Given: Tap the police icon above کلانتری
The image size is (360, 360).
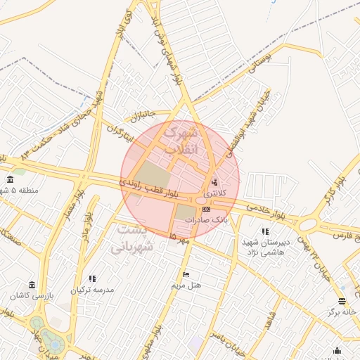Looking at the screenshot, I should (x=214, y=181).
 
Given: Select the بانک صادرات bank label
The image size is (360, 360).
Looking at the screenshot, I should (x=206, y=219).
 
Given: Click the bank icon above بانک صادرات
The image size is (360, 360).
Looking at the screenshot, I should (x=205, y=209).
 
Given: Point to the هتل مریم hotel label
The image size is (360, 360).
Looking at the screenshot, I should (x=186, y=285).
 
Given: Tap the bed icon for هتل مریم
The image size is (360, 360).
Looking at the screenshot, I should (x=186, y=274).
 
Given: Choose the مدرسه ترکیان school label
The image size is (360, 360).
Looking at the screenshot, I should (x=92, y=289).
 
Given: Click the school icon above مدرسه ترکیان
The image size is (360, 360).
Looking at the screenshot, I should (x=92, y=279).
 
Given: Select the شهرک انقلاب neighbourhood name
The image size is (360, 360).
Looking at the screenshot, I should (x=181, y=140).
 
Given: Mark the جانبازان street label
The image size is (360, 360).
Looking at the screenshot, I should (x=141, y=115).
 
